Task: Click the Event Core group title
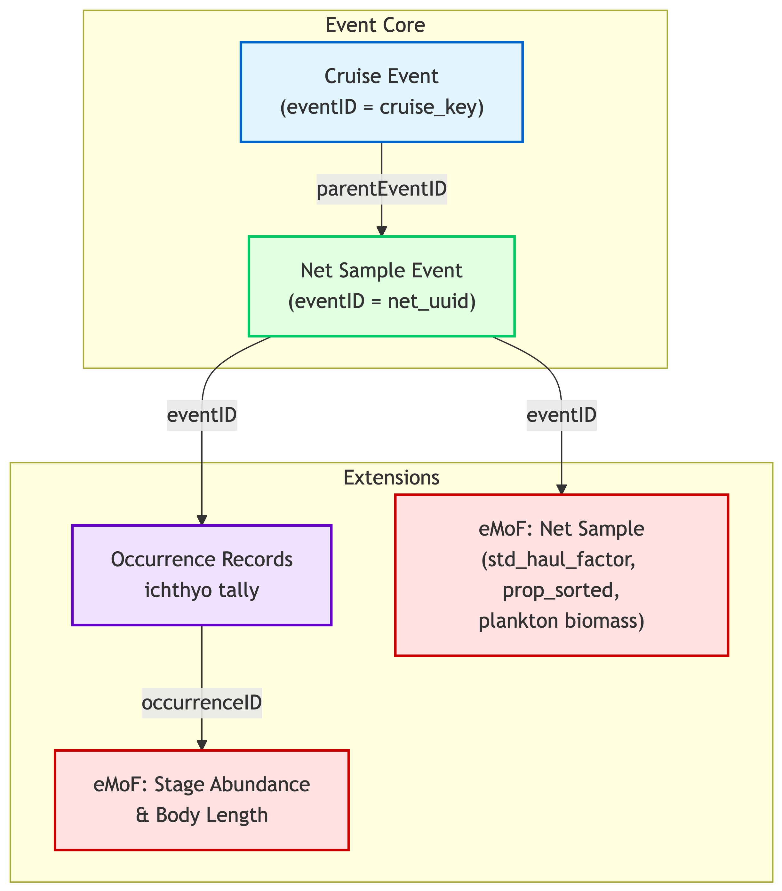[x=375, y=25]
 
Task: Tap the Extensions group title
[x=391, y=478]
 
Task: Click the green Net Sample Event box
[x=381, y=286]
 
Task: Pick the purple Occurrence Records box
[x=202, y=575]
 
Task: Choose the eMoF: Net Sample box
[x=561, y=575]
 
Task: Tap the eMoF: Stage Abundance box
[x=202, y=800]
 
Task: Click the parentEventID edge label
[x=381, y=189]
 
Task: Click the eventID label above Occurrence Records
[x=202, y=415]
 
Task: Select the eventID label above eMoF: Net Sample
[x=561, y=415]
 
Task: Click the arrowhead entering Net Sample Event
[x=382, y=231]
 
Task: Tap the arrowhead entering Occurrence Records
[x=202, y=520]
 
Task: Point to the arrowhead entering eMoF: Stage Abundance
[x=202, y=745]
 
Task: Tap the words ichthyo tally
[x=202, y=591]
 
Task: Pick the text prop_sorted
[x=561, y=591]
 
